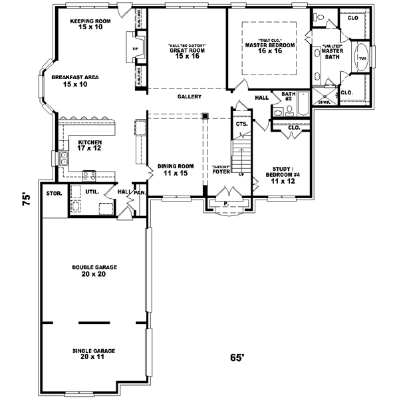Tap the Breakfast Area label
(x=75, y=81)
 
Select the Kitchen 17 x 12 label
(x=90, y=145)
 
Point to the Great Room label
(x=187, y=51)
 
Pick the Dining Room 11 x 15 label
(x=174, y=170)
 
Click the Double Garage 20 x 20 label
(x=94, y=271)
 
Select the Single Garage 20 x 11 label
(x=94, y=352)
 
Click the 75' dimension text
(x=26, y=200)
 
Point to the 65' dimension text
(x=238, y=358)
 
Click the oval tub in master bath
(x=362, y=58)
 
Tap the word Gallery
(x=189, y=97)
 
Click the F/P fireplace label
(x=136, y=49)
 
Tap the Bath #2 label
(x=288, y=97)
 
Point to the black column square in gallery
(x=205, y=116)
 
